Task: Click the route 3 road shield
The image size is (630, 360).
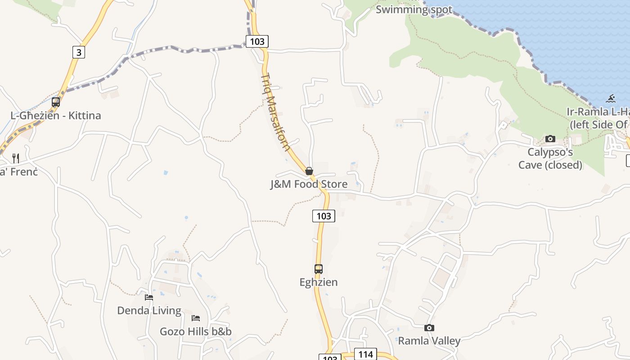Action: [x=79, y=52]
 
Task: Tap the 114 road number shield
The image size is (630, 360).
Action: [x=365, y=354]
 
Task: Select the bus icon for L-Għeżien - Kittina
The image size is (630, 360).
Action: [x=56, y=102]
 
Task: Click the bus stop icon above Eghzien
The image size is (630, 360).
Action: [x=319, y=269]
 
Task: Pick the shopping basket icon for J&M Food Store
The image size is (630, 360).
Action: [x=309, y=171]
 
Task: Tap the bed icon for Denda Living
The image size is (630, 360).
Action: [x=149, y=297]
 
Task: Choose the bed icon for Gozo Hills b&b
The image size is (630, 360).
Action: [x=196, y=318]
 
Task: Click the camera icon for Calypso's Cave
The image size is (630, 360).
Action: [x=550, y=139]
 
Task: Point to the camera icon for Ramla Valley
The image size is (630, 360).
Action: [x=429, y=328]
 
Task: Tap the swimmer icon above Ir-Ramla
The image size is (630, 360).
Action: [x=611, y=98]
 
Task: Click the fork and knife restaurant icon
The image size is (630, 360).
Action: [x=16, y=158]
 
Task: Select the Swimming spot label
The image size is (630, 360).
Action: [x=414, y=9]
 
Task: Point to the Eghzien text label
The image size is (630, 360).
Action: [x=319, y=282]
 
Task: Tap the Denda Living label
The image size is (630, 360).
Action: [x=149, y=310]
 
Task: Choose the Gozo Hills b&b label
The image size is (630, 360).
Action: [x=196, y=332]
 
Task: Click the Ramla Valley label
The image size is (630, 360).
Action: [x=429, y=341]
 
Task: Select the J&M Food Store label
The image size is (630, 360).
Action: [x=309, y=184]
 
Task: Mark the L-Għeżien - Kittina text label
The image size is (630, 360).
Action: [x=56, y=116]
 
